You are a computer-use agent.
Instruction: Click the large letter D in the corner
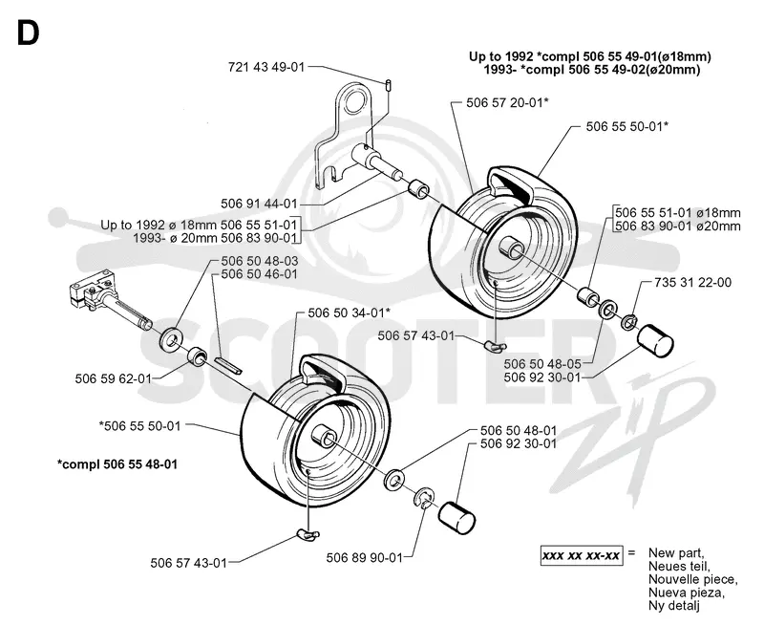[28, 33]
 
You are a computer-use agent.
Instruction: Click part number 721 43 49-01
[266, 67]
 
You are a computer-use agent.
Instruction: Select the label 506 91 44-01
[259, 204]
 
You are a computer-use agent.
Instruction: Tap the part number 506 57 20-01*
[508, 102]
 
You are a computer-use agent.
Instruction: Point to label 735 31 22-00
[693, 282]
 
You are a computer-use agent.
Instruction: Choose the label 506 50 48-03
[259, 261]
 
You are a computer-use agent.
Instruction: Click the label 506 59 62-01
[113, 378]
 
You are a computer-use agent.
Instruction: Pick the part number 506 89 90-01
[365, 557]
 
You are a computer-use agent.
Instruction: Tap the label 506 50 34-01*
[350, 312]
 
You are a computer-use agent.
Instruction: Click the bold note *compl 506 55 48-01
[117, 463]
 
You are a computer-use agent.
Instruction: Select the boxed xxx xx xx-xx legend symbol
[582, 555]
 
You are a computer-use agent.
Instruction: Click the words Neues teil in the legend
[679, 566]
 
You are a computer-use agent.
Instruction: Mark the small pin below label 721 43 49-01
[389, 84]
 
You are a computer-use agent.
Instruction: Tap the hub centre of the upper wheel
[511, 247]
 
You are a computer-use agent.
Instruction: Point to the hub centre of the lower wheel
[324, 435]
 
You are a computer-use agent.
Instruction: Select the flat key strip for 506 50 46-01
[228, 365]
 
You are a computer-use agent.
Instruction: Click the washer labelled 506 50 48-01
[394, 479]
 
